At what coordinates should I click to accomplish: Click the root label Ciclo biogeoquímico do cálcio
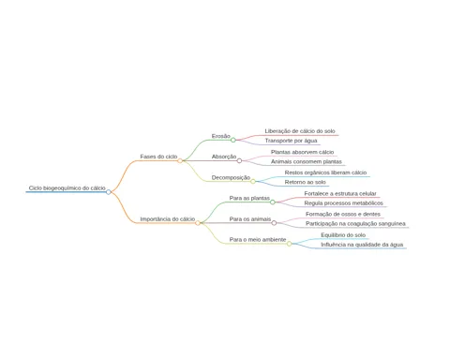point(67,188)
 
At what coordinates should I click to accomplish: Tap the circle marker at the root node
point(109,192)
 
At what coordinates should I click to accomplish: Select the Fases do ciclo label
point(158,157)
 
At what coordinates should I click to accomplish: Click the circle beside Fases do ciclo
point(180,160)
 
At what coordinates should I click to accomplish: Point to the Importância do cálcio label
point(168,219)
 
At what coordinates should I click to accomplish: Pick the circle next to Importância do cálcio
point(198,223)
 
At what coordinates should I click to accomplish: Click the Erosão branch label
point(221,136)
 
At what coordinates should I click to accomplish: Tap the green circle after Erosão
point(233,140)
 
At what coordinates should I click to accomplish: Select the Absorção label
point(224,157)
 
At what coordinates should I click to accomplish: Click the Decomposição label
point(231,177)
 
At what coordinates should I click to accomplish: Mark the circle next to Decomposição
point(253,181)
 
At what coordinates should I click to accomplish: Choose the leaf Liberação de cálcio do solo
point(300,131)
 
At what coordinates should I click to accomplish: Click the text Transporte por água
point(291,141)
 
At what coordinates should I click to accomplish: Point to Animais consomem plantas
point(307,161)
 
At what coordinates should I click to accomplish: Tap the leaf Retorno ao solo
point(306,182)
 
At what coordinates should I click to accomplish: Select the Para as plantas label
point(249,198)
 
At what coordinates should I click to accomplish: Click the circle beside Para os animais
point(274,223)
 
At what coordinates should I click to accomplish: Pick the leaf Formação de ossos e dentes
point(343,215)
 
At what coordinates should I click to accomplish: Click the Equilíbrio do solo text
point(343,235)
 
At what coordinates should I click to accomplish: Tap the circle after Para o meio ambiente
point(289,244)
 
